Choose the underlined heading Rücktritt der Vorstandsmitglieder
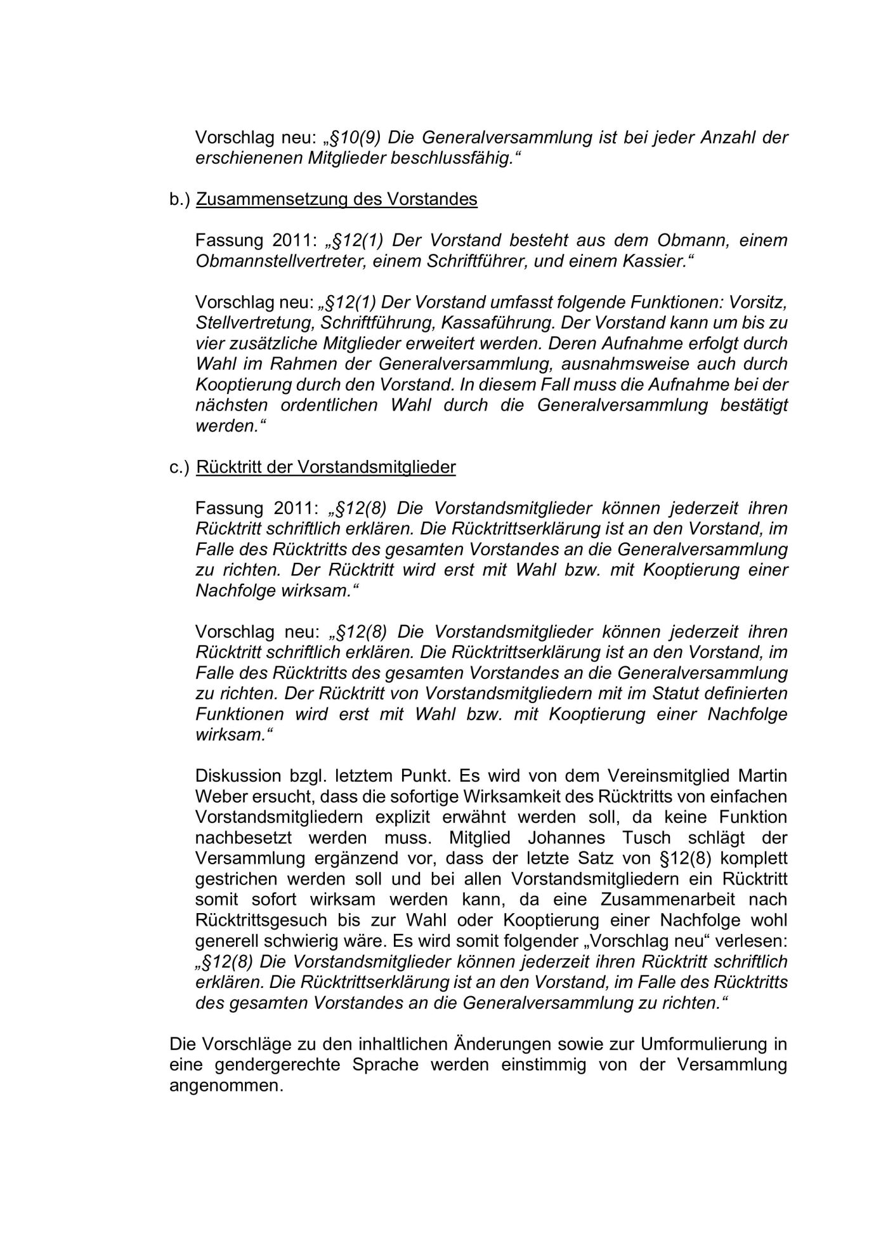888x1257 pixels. pos(326,467)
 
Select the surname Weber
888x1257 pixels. pos(219,796)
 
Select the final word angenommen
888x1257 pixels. pos(226,1085)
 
